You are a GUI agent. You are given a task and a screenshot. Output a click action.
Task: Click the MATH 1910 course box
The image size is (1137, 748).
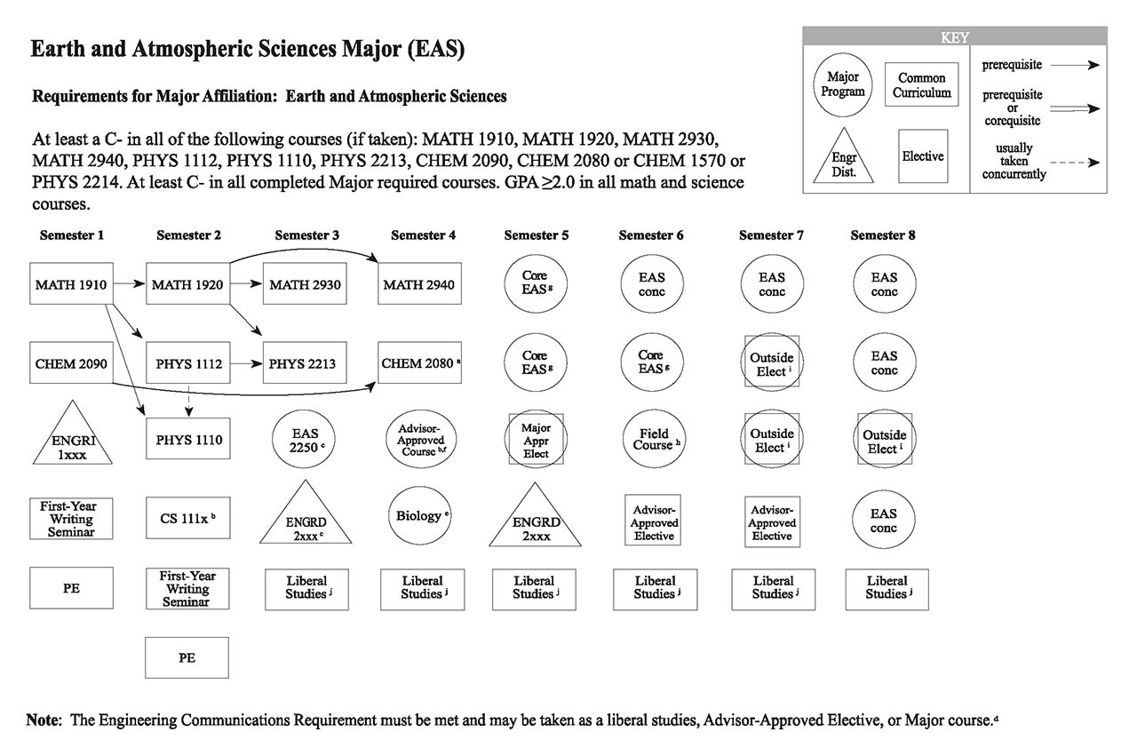71,284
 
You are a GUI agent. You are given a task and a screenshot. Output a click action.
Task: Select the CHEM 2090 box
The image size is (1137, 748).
71,362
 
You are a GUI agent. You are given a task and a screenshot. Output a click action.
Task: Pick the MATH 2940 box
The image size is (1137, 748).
418,284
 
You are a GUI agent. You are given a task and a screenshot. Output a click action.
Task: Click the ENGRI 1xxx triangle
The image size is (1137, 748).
71,437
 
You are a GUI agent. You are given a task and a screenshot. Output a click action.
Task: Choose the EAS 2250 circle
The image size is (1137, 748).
305,439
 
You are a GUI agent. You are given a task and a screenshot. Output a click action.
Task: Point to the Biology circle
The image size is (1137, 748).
418,516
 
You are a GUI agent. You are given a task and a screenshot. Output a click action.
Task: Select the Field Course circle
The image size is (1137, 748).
653,439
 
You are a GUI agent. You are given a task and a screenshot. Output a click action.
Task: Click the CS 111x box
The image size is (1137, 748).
187,517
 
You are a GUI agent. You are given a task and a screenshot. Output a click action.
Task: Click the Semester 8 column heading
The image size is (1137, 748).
883,235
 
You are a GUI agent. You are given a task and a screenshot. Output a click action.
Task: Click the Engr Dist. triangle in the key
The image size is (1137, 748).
843,158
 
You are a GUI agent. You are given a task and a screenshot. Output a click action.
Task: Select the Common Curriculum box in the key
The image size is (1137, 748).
921,85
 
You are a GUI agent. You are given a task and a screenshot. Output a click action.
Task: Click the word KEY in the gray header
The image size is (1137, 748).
954,38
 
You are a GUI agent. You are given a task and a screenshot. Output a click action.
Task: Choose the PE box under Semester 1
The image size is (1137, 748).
71,587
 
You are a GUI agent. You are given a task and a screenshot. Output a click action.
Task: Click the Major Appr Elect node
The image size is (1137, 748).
536,439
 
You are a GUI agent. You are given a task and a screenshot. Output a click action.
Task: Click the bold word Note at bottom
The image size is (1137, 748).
43,720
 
